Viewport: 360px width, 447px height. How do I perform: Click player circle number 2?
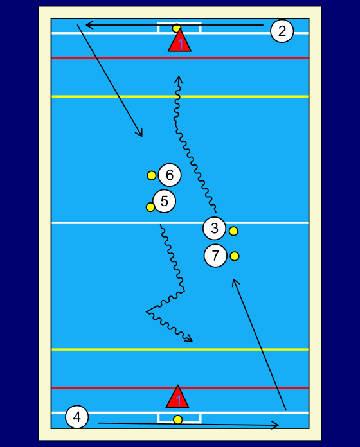282,31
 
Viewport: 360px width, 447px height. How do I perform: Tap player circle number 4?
77,417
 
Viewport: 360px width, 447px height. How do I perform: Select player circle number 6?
170,175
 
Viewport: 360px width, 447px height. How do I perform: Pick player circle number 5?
164,201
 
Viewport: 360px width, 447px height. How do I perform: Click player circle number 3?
215,228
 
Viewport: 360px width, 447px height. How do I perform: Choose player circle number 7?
215,256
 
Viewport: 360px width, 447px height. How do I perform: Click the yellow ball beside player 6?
152,175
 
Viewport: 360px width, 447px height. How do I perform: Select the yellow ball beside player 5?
150,207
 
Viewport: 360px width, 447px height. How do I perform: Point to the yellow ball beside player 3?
233,231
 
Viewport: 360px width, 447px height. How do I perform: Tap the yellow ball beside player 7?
235,256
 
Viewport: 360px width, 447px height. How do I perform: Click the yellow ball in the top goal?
177,28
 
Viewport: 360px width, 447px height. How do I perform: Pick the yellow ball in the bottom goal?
177,419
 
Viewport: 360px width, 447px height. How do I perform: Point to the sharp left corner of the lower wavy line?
147,311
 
